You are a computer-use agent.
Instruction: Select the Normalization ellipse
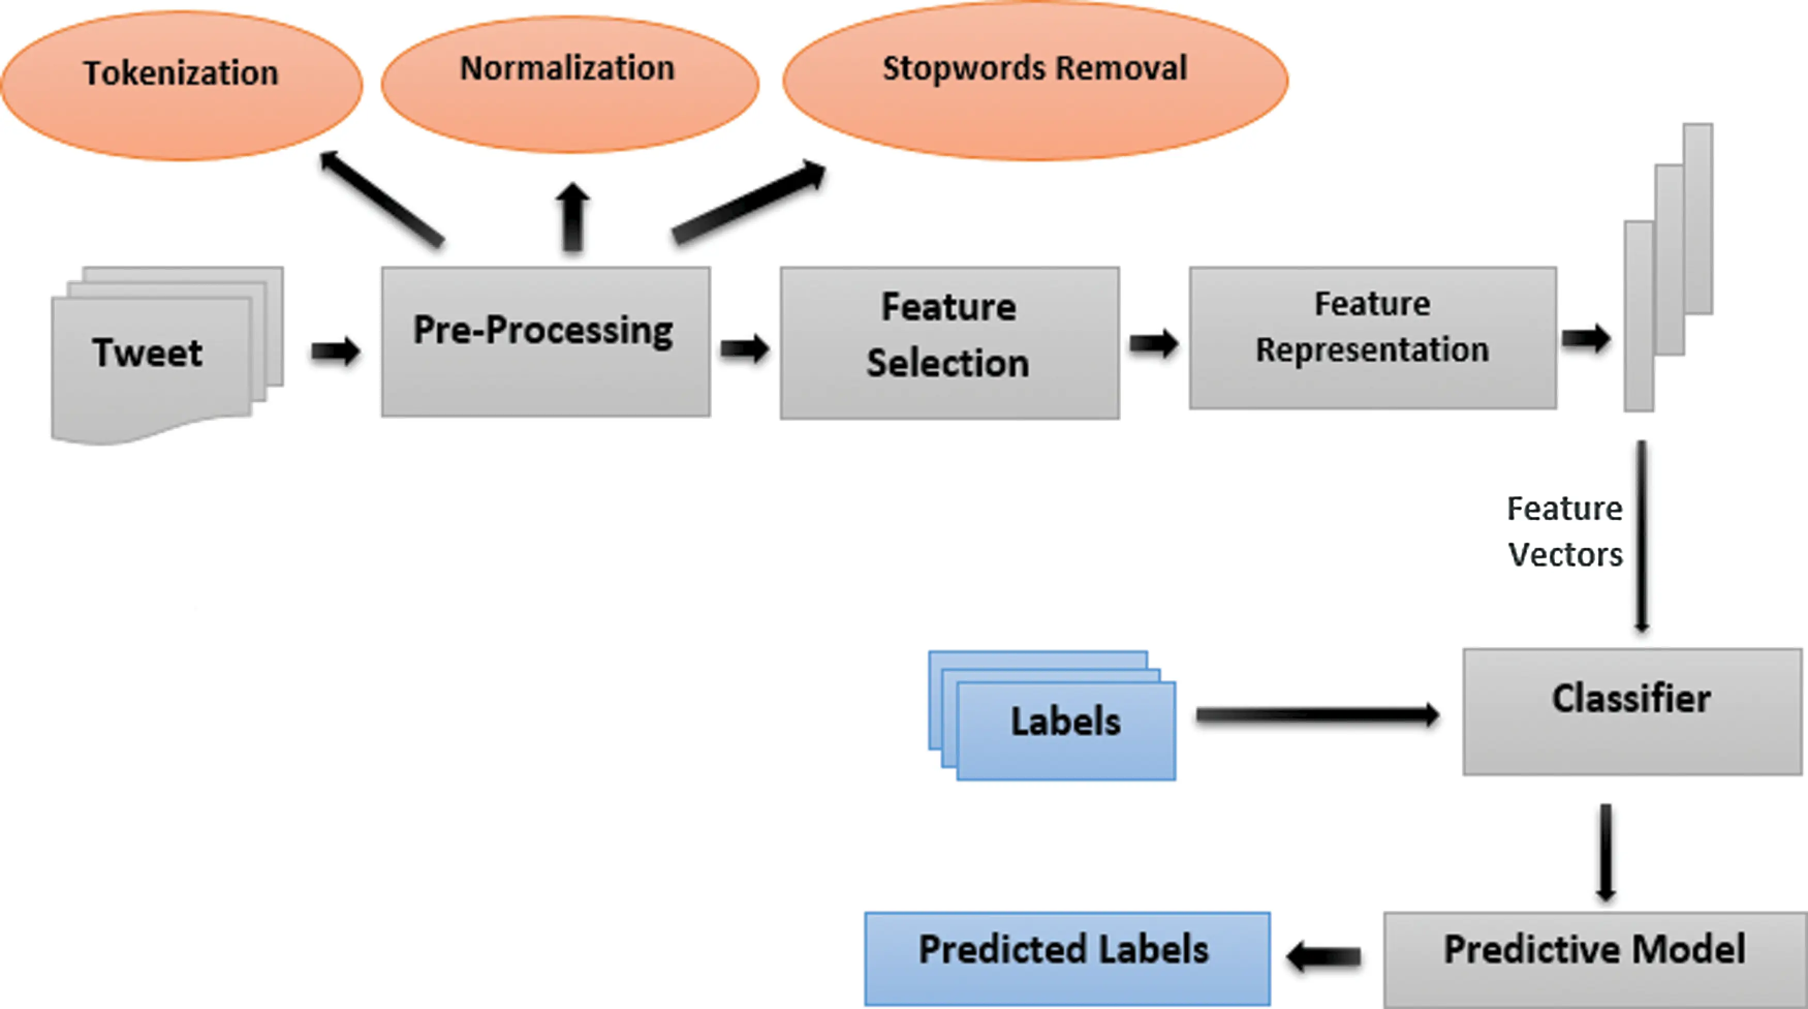point(570,84)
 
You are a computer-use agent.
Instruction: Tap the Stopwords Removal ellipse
point(1035,81)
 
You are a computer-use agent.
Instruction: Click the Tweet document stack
point(167,355)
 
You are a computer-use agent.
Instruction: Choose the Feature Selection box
point(949,343)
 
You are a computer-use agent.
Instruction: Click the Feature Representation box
point(1373,338)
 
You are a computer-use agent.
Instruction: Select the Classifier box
point(1632,711)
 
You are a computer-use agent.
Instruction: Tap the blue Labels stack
point(1052,715)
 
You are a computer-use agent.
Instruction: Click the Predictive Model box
point(1595,959)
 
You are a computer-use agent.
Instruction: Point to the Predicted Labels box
point(1067,958)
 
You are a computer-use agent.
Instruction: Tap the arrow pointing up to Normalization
point(573,217)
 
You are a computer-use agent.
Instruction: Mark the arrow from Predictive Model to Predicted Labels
point(1323,956)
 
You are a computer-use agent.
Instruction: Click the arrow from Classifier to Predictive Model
point(1606,852)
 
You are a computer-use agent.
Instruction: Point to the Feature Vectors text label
point(1565,531)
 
